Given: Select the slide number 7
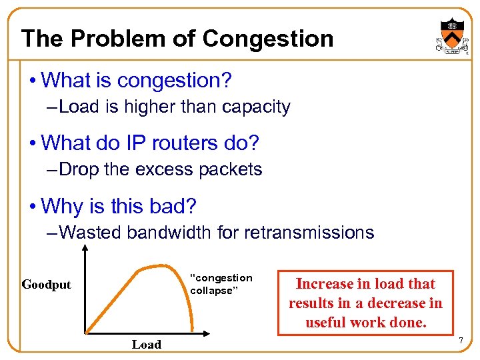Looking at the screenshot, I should click(x=459, y=342).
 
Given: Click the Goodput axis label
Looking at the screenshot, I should click(x=46, y=285).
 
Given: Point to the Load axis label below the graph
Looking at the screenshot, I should click(x=146, y=345).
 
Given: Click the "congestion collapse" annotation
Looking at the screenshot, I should click(x=221, y=284).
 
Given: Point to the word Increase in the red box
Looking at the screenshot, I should click(x=323, y=284).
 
